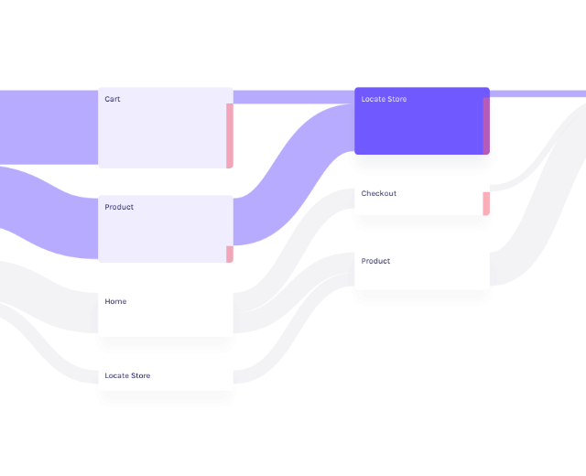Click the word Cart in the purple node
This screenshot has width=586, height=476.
pos(113,99)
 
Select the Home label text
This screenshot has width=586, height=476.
pos(115,301)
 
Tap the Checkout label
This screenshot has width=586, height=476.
pos(378,193)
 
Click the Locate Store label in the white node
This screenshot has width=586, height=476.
pos(127,375)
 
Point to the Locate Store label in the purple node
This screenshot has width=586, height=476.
pos(384,99)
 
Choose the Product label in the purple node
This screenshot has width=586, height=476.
pos(119,207)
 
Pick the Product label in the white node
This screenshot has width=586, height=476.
pos(375,261)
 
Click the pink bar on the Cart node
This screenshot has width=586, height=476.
pos(230,135)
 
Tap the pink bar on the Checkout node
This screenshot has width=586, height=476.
pos(486,203)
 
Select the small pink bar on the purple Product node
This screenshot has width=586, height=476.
pos(230,254)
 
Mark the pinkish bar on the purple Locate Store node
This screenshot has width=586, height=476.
pos(486,125)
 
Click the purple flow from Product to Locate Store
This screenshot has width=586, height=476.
pos(293,174)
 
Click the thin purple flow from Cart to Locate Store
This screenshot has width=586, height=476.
pos(293,92)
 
